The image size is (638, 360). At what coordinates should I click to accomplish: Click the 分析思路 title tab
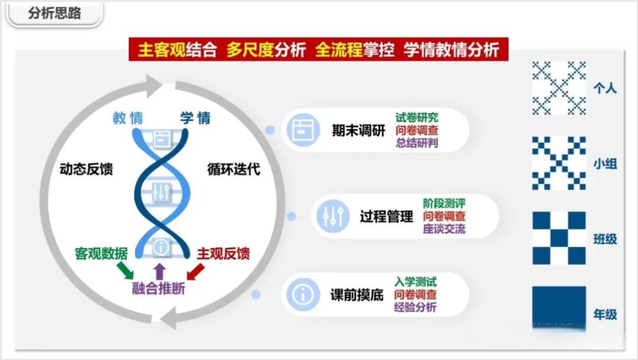tap(57, 14)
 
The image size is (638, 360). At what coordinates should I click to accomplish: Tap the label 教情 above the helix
tap(128, 118)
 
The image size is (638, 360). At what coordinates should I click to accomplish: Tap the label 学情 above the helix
tap(196, 118)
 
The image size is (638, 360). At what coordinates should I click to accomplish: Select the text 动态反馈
tap(86, 170)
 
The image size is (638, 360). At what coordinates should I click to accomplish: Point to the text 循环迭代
tap(234, 170)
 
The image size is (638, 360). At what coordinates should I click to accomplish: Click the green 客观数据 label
tap(100, 254)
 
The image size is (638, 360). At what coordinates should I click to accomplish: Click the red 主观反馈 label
tap(223, 254)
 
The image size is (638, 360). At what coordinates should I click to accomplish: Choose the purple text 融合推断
tap(158, 290)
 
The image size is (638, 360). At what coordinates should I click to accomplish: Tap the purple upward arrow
tap(159, 271)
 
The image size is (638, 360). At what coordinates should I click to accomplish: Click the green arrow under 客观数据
tap(125, 271)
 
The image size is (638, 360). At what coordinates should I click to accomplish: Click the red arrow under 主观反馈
tap(194, 271)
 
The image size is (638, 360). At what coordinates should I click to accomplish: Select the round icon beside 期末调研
tap(303, 130)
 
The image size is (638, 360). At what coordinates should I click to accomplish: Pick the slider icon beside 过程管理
tap(331, 216)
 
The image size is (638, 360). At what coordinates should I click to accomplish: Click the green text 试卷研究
tap(417, 118)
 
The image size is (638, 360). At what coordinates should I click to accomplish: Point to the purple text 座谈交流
tap(444, 229)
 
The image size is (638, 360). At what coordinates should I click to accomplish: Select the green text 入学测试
tap(416, 282)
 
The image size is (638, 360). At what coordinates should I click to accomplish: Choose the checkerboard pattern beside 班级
tap(559, 238)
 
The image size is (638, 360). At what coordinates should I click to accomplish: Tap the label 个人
tap(605, 89)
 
